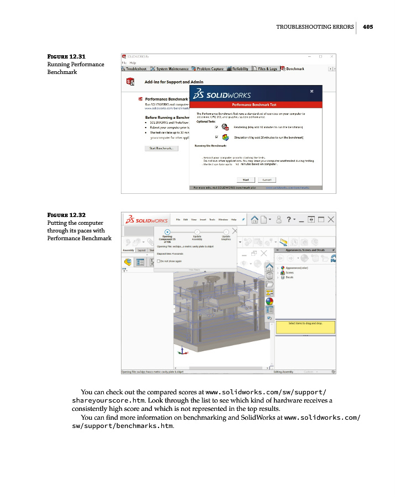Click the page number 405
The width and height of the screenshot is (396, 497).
point(368,27)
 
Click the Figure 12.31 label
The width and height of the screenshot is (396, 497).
point(66,56)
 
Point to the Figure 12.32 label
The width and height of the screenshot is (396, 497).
point(66,215)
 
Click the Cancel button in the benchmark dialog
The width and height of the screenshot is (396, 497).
point(266,179)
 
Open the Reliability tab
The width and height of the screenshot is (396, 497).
point(237,69)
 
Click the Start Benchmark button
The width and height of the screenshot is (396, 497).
point(161,149)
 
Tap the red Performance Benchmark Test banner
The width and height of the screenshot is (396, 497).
point(255,104)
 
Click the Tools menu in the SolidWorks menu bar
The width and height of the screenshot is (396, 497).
point(212,220)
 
